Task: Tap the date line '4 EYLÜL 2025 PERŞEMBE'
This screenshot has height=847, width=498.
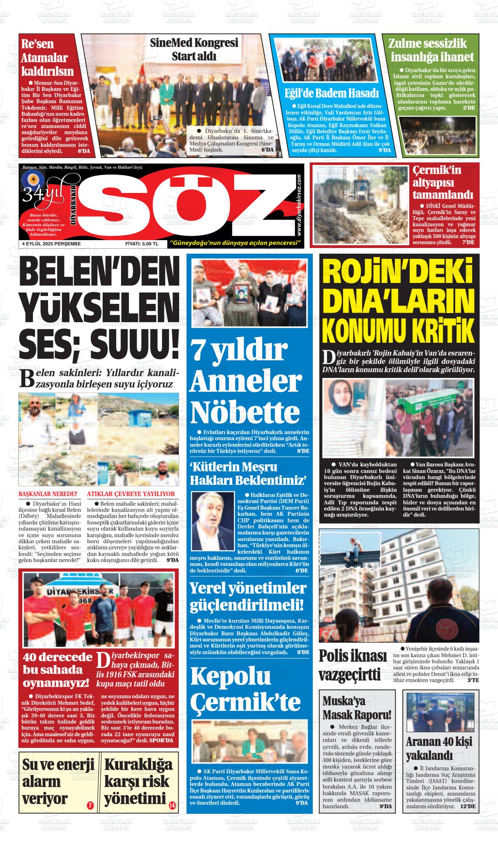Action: pos(51,244)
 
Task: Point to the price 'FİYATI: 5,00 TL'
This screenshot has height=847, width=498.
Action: pos(142,244)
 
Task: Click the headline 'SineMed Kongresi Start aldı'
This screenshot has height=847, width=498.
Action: pos(194,50)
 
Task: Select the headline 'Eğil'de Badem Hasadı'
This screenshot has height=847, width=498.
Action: pos(331,93)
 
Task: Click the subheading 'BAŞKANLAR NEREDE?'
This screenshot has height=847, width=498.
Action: pos(48,494)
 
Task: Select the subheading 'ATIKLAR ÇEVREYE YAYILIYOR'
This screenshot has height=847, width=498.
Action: pos(131,494)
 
